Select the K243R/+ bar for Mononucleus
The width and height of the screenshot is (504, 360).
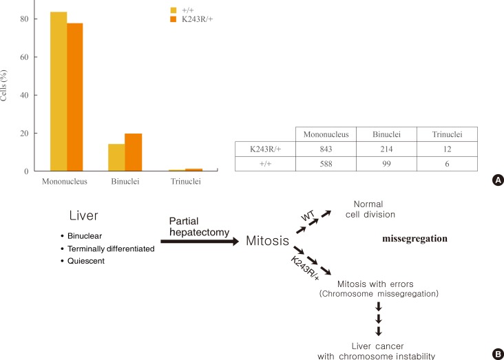pos(75,97)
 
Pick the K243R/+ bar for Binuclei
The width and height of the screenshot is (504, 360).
pos(133,152)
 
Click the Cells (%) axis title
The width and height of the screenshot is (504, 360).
pos(6,85)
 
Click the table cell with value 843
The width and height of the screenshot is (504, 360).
pos(326,149)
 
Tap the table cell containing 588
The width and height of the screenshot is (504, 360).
pos(326,165)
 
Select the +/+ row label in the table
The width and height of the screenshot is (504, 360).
pos(264,165)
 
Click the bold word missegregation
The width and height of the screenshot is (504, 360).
pos(414,239)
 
